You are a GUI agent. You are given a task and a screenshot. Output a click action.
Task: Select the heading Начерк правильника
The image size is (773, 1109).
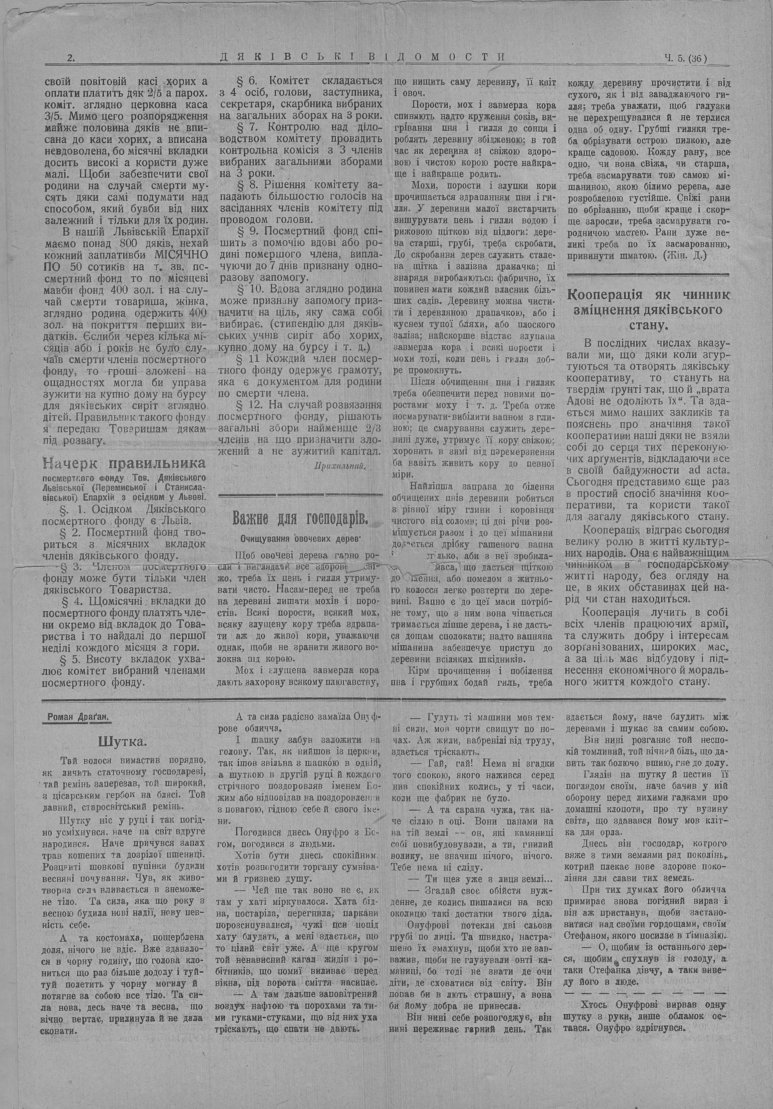pos(124,464)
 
